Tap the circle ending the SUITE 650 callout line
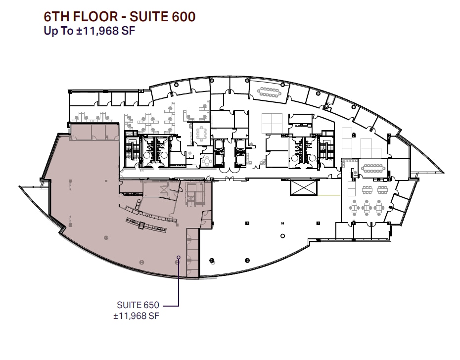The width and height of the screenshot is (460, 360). coord(179,257)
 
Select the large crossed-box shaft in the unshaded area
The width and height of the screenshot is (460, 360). coord(303,188)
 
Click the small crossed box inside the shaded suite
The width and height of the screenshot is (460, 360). coord(163,189)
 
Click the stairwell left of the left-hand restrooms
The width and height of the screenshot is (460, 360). coord(132,150)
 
